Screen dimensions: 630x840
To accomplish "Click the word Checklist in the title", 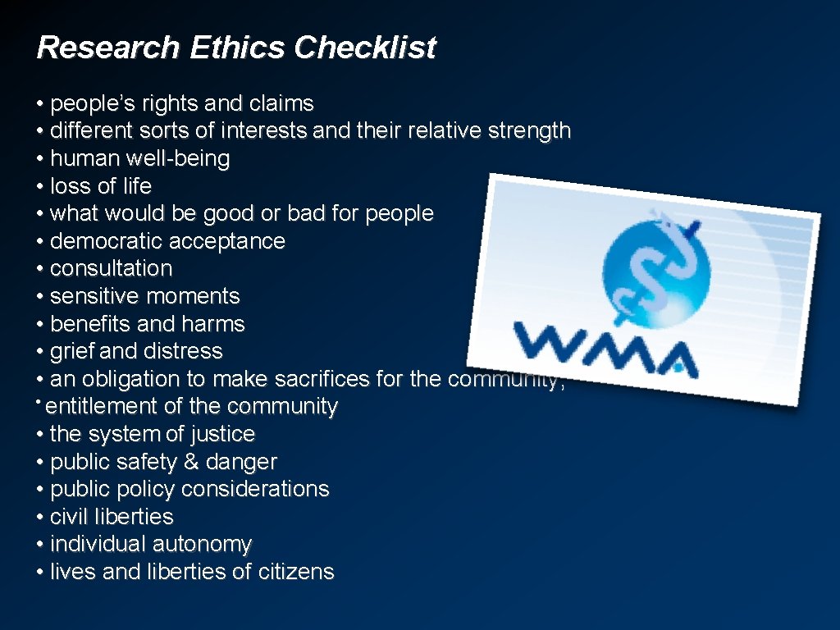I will coord(365,48).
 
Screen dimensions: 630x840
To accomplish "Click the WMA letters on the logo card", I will coord(604,345).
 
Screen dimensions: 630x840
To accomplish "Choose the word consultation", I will coord(111,269).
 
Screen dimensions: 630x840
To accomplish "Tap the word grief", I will coord(72,351).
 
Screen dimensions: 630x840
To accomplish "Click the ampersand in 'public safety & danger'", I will coord(191,462).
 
